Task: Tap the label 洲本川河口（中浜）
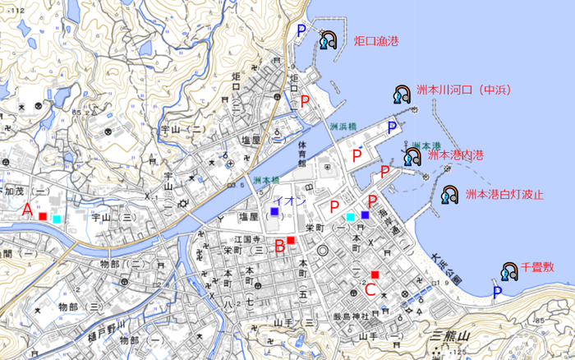click(463, 91)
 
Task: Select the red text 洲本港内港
click(455, 155)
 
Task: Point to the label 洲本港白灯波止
click(504, 195)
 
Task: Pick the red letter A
click(27, 210)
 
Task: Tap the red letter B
click(279, 244)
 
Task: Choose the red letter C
click(370, 288)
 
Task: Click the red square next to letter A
click(43, 216)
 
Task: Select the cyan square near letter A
click(56, 219)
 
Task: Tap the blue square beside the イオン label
click(274, 212)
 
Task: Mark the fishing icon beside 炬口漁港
click(329, 40)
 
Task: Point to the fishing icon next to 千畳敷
click(509, 273)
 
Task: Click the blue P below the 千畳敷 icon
click(497, 292)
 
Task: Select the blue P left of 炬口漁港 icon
click(301, 30)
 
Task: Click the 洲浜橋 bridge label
click(344, 127)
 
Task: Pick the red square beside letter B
click(291, 240)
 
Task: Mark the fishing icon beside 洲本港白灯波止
click(449, 195)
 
